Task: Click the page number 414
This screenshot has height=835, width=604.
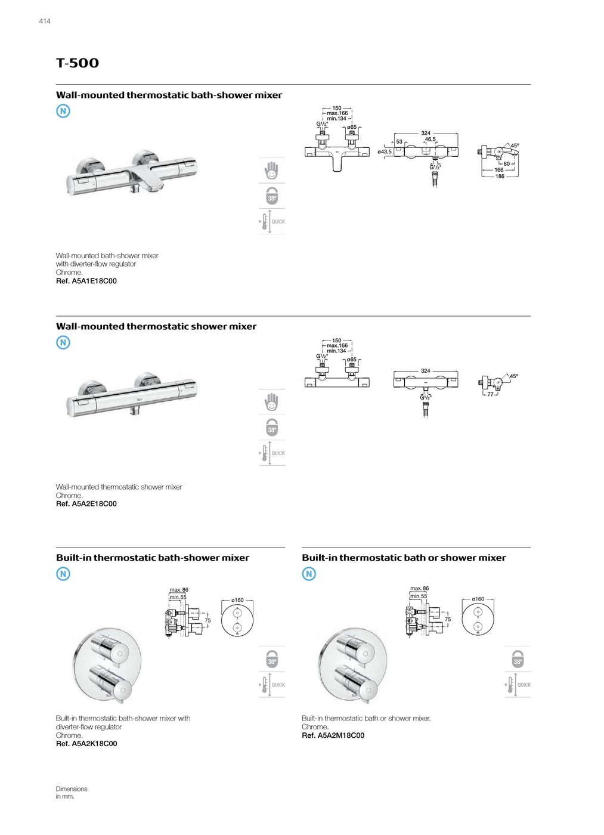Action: (x=45, y=21)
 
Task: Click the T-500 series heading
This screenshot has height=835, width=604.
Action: (x=78, y=63)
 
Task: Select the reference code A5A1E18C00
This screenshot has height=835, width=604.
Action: (x=86, y=281)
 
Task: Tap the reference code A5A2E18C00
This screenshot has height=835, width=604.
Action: (x=86, y=504)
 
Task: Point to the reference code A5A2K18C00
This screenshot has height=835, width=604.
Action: (x=86, y=744)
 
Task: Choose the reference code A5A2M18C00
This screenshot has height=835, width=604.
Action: (x=333, y=735)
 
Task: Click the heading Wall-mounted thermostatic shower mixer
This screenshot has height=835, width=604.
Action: (x=156, y=327)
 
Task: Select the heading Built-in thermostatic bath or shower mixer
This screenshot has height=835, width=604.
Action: (x=404, y=558)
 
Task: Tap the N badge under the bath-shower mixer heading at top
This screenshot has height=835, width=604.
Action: (x=63, y=111)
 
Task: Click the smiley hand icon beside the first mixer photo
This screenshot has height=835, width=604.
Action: (x=272, y=171)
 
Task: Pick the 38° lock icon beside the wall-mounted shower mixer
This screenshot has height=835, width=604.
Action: (x=272, y=428)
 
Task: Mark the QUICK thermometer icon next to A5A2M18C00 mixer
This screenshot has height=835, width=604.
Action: (x=518, y=685)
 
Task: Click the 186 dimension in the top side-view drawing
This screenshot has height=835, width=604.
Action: (x=500, y=177)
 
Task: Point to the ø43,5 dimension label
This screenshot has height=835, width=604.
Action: (x=385, y=152)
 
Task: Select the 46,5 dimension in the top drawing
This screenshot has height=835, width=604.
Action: (x=430, y=140)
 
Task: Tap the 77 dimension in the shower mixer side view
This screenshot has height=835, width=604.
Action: (x=490, y=394)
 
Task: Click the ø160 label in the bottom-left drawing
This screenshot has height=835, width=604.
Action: (x=237, y=601)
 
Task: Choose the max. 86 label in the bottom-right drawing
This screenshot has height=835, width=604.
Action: (x=419, y=589)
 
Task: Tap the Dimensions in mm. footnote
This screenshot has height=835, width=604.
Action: (x=71, y=793)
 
